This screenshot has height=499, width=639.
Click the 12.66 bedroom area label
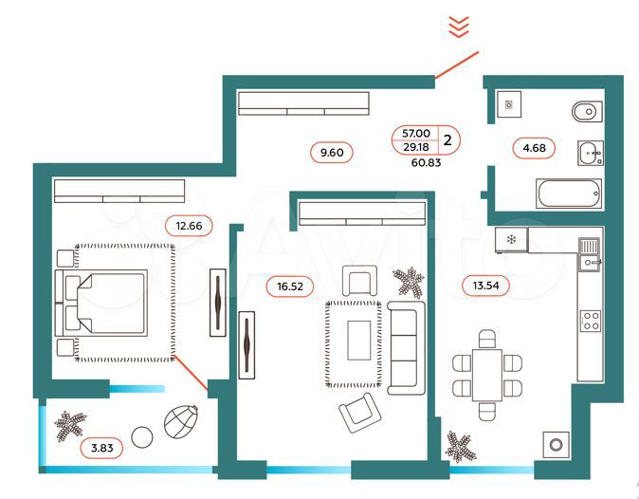[190, 226]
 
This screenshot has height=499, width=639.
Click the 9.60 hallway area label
[329, 150]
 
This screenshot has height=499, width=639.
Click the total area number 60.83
[425, 162]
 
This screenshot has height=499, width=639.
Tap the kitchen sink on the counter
[590, 249]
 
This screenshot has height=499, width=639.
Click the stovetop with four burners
[590, 320]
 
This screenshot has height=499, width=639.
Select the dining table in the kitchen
[486, 374]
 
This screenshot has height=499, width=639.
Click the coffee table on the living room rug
[359, 340]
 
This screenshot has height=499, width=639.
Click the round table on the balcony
[142, 437]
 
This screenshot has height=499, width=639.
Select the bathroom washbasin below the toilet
[589, 149]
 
